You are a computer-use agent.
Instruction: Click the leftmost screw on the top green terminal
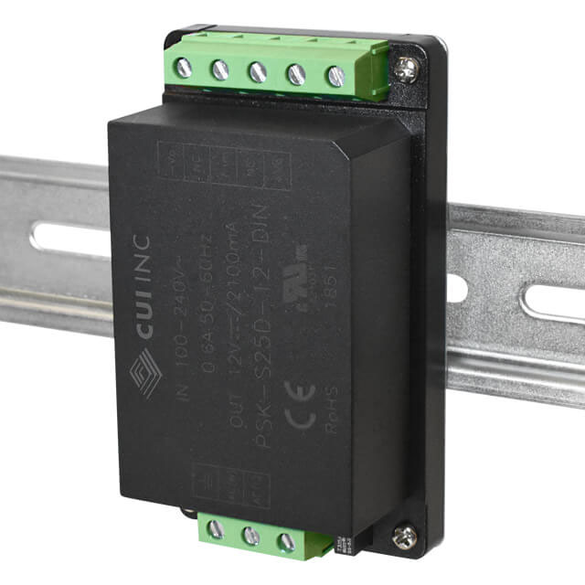pyautogui.click(x=184, y=66)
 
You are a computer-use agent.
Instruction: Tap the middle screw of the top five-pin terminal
pyautogui.click(x=258, y=72)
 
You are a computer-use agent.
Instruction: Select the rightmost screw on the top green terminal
pyautogui.click(x=335, y=77)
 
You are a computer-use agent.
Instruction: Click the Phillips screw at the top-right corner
pyautogui.click(x=408, y=66)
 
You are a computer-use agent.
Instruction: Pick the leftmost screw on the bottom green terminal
pyautogui.click(x=215, y=528)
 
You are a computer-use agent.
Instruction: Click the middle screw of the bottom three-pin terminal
pyautogui.click(x=250, y=536)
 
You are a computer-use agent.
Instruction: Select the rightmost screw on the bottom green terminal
pyautogui.click(x=286, y=542)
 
